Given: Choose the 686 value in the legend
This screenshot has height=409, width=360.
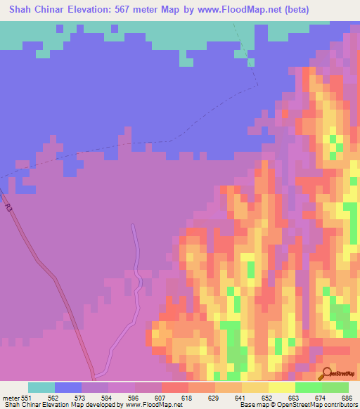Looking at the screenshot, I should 347,397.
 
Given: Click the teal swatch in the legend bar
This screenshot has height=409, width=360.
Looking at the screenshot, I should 41,387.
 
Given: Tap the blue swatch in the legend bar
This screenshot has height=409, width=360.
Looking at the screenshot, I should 67,387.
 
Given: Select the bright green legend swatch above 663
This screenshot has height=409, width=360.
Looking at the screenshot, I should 308,387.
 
